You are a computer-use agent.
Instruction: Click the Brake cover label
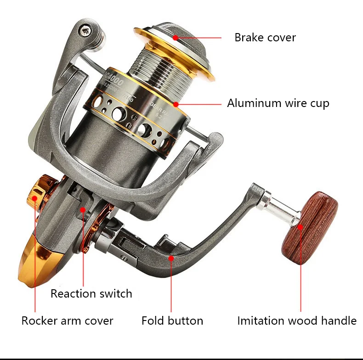click(265, 37)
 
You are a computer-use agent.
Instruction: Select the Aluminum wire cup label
click(278, 103)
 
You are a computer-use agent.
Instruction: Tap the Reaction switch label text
click(91, 293)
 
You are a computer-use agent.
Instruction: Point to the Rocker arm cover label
click(67, 320)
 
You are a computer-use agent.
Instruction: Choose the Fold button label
click(172, 320)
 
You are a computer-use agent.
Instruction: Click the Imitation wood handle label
click(297, 320)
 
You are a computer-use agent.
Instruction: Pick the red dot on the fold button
click(171, 258)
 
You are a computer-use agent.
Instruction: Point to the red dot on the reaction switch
click(83, 210)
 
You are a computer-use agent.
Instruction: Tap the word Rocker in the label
click(38, 320)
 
